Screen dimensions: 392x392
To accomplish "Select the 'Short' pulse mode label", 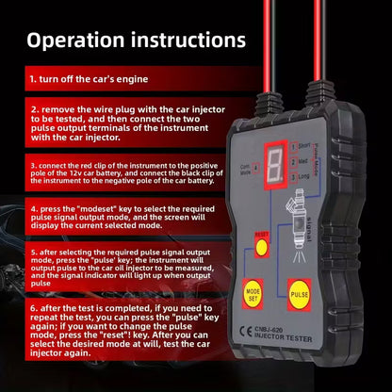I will pyautogui.click(x=302, y=146).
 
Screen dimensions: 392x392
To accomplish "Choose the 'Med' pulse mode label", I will pyautogui.click(x=302, y=160).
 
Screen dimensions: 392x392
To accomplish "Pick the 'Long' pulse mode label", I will pyautogui.click(x=302, y=175).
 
